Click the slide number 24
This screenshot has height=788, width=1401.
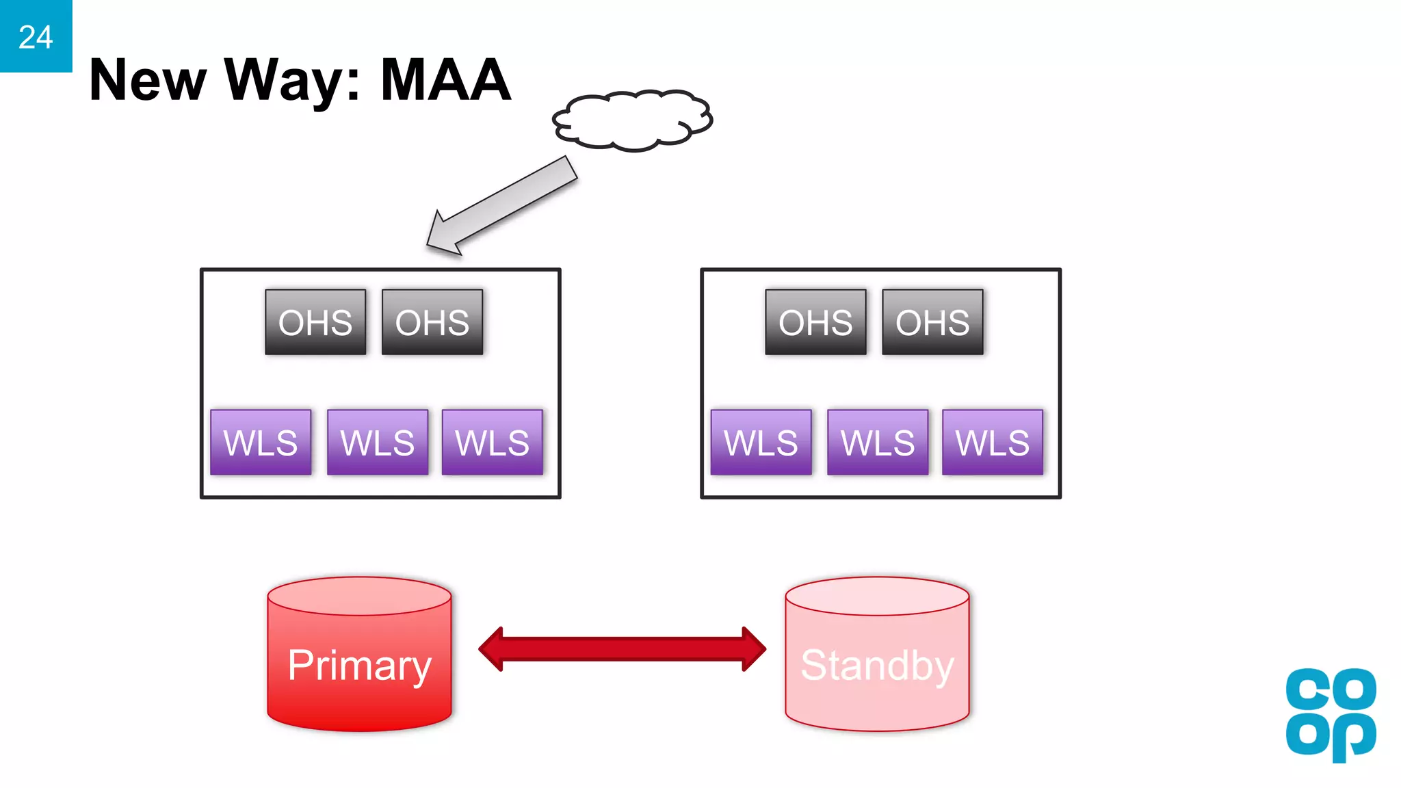pos(36,37)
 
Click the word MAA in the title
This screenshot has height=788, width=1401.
pos(445,80)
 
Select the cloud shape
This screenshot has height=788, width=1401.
pos(633,120)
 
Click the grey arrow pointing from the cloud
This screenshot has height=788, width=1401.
pos(503,206)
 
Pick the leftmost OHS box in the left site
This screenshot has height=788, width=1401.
pos(315,322)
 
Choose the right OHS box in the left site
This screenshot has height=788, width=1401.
pos(432,322)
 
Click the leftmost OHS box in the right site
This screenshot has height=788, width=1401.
pos(815,322)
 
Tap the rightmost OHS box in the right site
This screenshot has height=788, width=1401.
pos(932,322)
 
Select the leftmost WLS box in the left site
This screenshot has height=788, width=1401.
pos(261,442)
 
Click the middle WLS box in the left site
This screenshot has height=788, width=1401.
pos(378,442)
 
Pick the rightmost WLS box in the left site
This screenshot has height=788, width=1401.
pos(493,442)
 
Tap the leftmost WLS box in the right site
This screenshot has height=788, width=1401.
pos(761,442)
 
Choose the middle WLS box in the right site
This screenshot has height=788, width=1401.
pos(878,442)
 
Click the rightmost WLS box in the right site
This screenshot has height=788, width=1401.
pos(993,442)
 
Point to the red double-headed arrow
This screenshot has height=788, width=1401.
pos(622,648)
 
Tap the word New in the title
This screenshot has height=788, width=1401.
pos(147,80)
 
